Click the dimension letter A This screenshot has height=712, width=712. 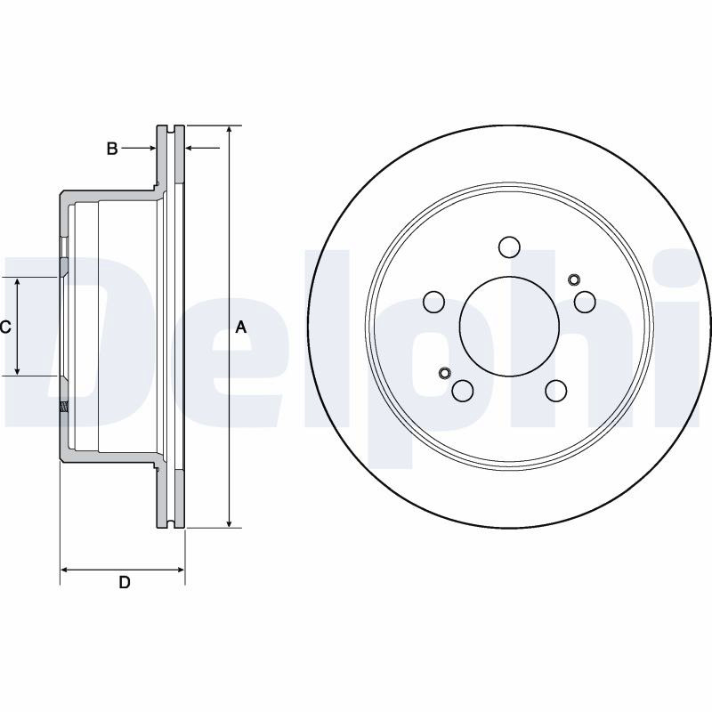click(x=240, y=327)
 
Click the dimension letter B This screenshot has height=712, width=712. click(x=112, y=148)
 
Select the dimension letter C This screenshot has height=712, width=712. click(x=5, y=327)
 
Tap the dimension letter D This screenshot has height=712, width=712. click(x=125, y=582)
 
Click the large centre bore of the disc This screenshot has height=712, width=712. click(x=509, y=327)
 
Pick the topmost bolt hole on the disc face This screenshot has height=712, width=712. click(x=509, y=247)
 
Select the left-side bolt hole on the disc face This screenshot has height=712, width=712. click(x=433, y=302)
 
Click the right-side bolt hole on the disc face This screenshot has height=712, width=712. click(x=585, y=302)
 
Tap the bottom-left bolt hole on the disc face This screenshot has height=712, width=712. click(x=463, y=391)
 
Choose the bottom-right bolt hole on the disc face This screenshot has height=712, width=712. click(x=556, y=391)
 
